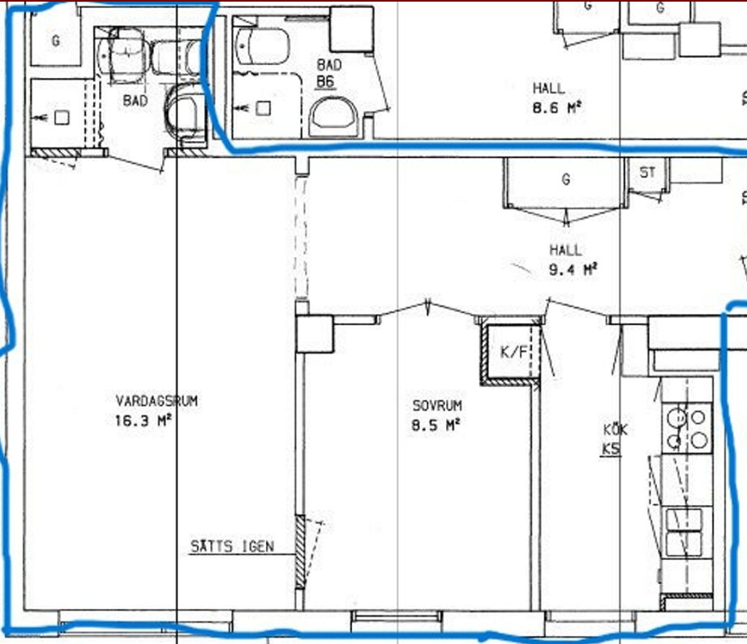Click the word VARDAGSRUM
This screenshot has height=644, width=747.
click(x=157, y=401)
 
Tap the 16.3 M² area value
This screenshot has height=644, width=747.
click(x=143, y=421)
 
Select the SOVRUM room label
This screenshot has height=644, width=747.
click(x=437, y=406)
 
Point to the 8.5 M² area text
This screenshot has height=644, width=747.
click(x=436, y=424)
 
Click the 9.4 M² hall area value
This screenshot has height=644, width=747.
click(x=573, y=269)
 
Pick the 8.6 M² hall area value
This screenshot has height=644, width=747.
click(x=556, y=107)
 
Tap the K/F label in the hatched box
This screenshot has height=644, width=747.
click(x=513, y=352)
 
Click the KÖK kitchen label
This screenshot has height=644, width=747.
click(x=615, y=430)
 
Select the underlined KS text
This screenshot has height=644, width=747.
click(x=612, y=449)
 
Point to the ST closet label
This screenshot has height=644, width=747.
click(x=647, y=172)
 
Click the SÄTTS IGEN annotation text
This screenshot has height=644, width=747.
click(x=232, y=547)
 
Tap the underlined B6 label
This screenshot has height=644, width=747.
click(x=325, y=81)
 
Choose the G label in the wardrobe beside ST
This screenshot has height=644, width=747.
click(x=566, y=179)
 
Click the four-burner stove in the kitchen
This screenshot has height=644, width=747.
click(x=687, y=428)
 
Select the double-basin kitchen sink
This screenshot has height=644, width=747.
click(x=684, y=532)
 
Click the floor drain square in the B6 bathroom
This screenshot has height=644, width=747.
click(x=264, y=108)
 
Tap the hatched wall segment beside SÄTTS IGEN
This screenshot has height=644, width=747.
click(x=300, y=552)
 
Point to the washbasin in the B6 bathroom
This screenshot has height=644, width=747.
click(x=263, y=46)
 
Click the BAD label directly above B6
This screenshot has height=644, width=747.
click(x=329, y=65)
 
